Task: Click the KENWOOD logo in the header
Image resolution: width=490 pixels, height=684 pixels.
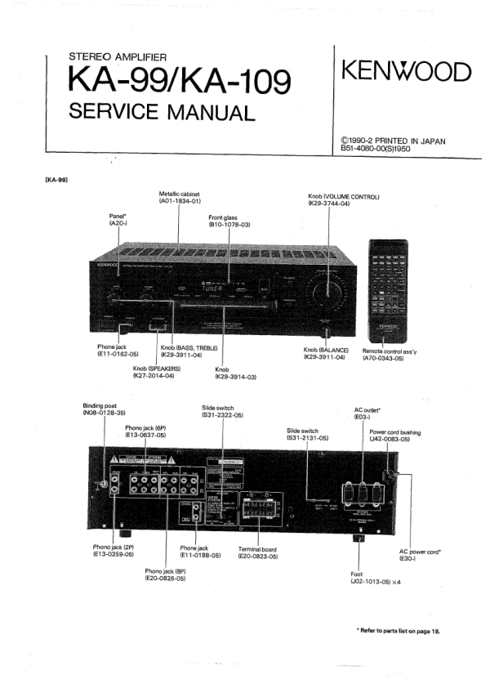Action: [406, 73]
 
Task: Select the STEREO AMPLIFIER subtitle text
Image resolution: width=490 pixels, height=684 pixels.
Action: [118, 57]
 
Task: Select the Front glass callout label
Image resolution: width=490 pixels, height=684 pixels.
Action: [229, 221]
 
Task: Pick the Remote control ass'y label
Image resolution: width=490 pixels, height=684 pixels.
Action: [394, 353]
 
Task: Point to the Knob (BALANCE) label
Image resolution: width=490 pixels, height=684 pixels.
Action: [326, 353]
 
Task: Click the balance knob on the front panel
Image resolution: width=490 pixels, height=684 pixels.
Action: [327, 332]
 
